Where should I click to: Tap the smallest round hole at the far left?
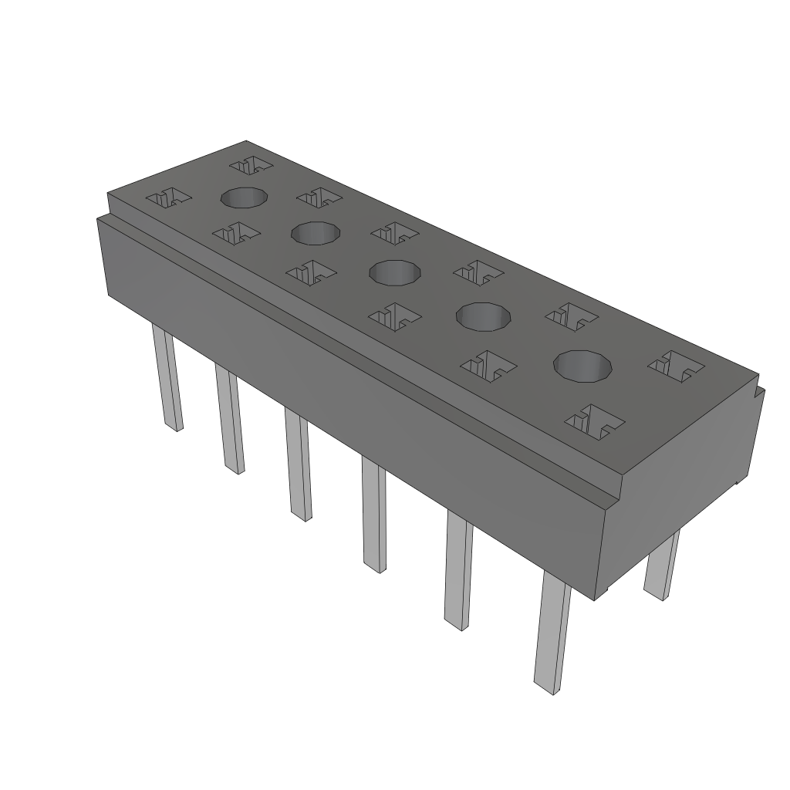click(x=245, y=198)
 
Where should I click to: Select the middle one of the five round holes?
click(x=395, y=272)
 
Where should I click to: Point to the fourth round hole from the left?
click(x=484, y=316)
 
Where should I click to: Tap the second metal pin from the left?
click(x=230, y=420)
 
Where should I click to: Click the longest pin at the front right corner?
click(x=552, y=633)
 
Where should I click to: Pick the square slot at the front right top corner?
click(x=595, y=420)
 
